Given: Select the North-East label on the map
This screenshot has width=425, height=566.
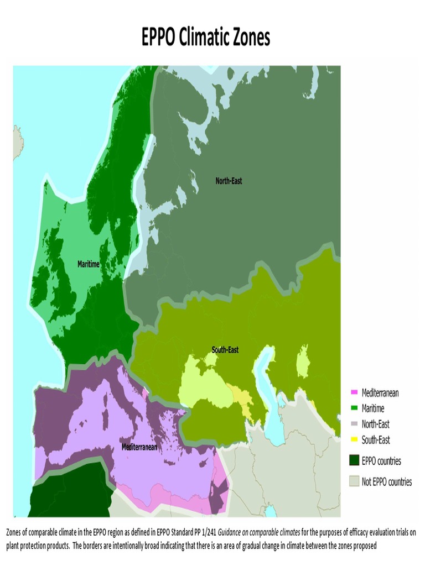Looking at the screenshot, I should point(229,181).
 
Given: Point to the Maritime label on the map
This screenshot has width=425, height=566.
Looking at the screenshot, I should point(89,264).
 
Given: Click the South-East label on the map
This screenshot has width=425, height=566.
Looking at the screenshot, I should point(225,350).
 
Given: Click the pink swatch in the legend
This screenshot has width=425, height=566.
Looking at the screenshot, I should point(354,393).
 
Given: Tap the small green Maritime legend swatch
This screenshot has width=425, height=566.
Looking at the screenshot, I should point(354,409).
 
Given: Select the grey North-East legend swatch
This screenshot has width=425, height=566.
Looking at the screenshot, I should point(354,424).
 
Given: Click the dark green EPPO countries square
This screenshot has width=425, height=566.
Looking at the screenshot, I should point(354,460).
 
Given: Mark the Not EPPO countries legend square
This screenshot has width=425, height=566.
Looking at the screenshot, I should point(354,481).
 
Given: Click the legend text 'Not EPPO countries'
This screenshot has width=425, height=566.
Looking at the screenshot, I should point(386,482).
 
